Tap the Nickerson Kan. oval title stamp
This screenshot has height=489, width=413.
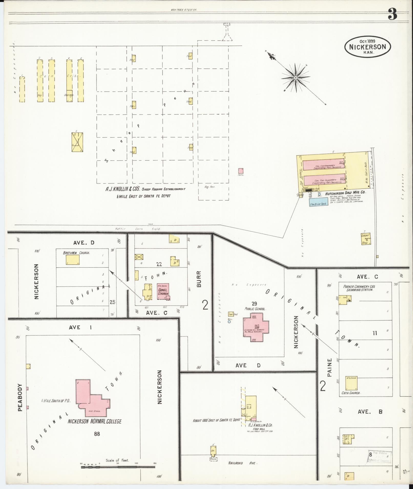pos(367,46)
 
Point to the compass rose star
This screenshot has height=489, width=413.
pos(295,77)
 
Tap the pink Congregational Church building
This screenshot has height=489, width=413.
pos(163,291)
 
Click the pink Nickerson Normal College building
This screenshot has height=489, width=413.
pos(92,399)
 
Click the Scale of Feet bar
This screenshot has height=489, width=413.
pos(118,467)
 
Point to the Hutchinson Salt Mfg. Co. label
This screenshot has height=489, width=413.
pos(345,194)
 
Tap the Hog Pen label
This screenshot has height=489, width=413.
pos(210,187)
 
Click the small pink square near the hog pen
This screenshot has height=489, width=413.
pos(241,171)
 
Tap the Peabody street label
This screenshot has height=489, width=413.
pos(20,397)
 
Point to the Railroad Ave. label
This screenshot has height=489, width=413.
pos(242,463)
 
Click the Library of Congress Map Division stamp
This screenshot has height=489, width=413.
pos(380,457)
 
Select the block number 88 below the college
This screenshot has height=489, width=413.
pos(97,434)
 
